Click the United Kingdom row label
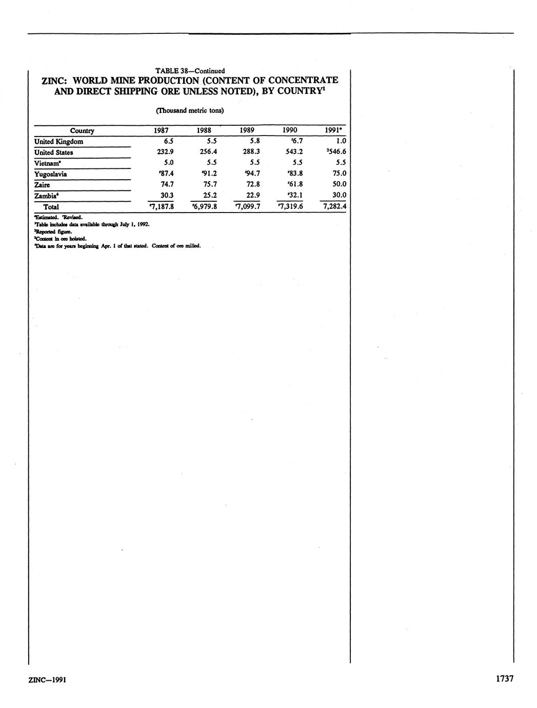click(58, 142)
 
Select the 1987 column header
click(161, 130)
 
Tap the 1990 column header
click(290, 130)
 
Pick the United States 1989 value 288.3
click(250, 152)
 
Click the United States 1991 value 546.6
click(334, 152)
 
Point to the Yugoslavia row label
click(51, 174)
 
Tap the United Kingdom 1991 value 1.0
click(340, 141)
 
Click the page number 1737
click(504, 679)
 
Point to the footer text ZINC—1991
click(47, 680)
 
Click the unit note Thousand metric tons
click(190, 110)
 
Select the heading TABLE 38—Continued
click(190, 70)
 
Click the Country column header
click(82, 131)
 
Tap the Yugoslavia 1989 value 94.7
click(248, 174)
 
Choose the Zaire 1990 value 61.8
click(292, 184)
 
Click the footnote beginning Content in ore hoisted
click(60, 239)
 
